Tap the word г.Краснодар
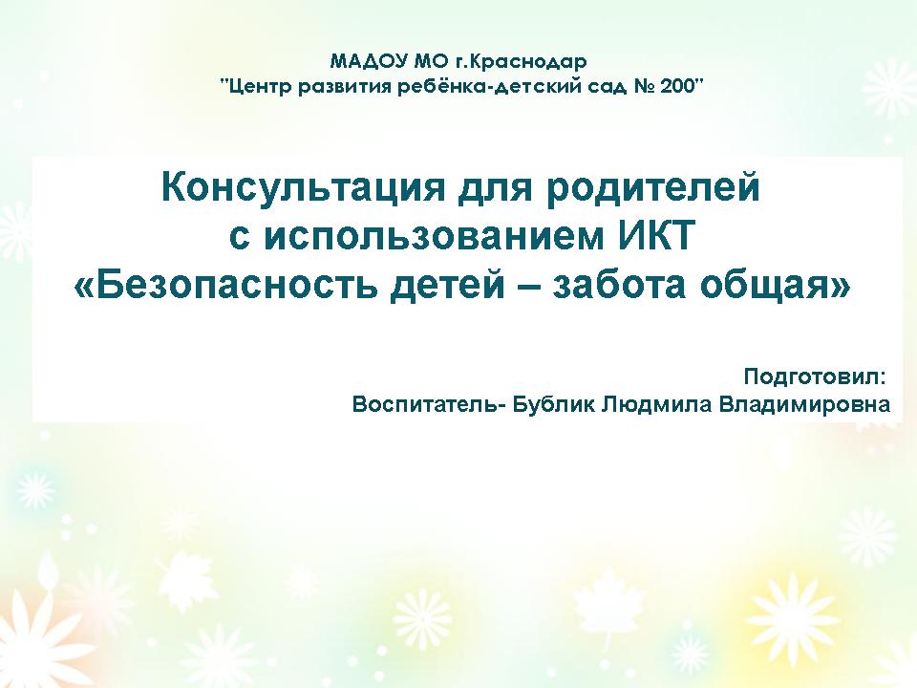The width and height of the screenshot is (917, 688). [x=522, y=61]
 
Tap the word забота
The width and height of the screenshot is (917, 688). [x=618, y=286]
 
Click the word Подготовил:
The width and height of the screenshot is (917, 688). [x=815, y=377]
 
